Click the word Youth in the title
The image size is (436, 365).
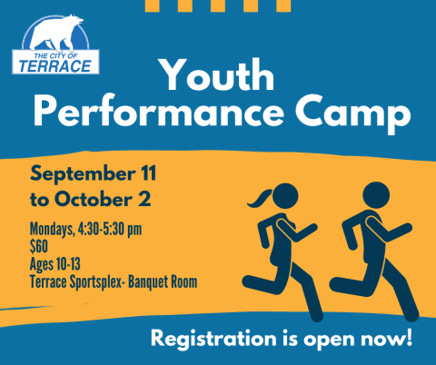218,74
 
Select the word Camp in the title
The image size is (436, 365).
353,113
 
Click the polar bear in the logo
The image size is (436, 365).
57,33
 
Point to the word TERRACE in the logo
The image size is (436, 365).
55,66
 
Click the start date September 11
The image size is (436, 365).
93,174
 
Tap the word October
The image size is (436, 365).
94,199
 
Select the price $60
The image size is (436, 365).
39,246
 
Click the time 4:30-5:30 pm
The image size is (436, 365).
110,229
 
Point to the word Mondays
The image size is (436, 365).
52,230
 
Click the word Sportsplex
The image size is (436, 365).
98,282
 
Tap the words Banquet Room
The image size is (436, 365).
163,281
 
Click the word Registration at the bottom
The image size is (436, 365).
213,339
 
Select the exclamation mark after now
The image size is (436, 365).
409,337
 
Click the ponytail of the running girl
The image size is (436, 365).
260,198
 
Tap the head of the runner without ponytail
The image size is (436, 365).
376,195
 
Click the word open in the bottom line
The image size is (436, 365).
329,340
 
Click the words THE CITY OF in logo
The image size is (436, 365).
55,55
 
